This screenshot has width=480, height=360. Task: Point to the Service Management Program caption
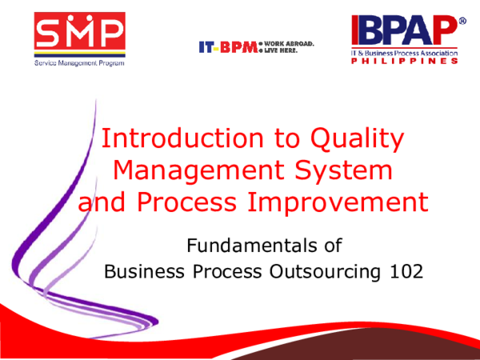click(x=78, y=63)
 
